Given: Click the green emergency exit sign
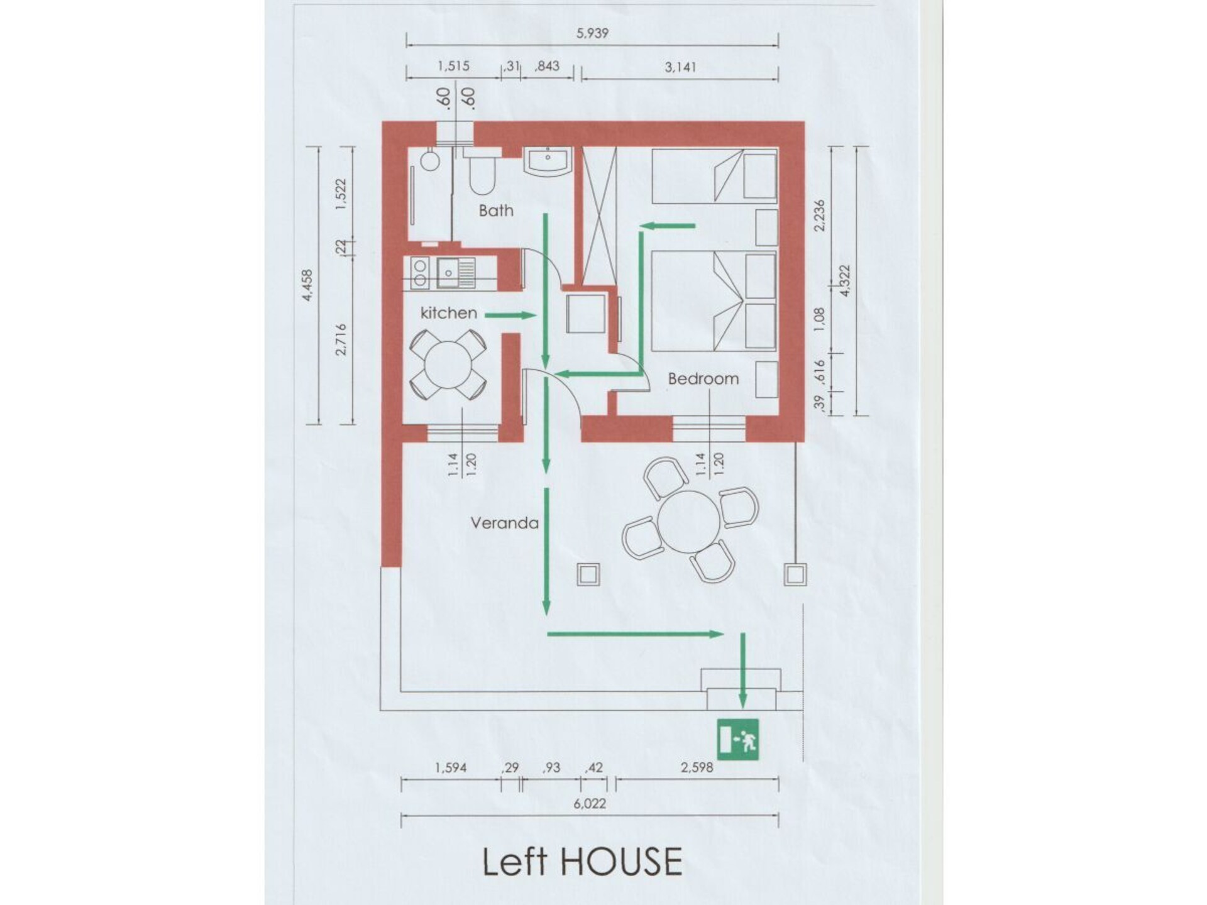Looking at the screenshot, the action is (x=738, y=739).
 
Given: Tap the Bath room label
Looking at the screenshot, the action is (x=496, y=211).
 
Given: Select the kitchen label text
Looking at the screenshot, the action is (x=448, y=313).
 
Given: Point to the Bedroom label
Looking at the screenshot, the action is (x=703, y=379).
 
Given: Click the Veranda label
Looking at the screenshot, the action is (x=504, y=523).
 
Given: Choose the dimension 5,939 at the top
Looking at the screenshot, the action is (x=592, y=33).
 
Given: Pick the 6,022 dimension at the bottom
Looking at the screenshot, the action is (x=590, y=803).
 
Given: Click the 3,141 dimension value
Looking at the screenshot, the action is (x=680, y=67).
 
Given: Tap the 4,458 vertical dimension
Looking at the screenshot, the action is (x=307, y=285).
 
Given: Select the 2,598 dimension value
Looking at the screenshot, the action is (x=697, y=767).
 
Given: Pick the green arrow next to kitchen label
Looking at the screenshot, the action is (x=511, y=315).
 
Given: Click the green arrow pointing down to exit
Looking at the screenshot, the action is (x=742, y=669).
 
